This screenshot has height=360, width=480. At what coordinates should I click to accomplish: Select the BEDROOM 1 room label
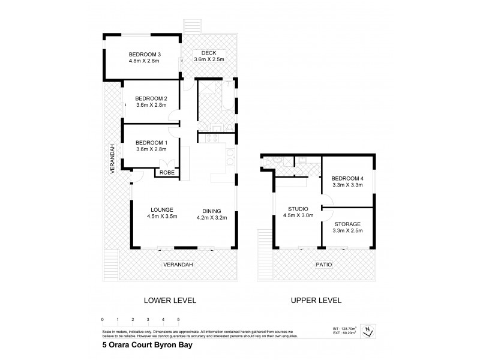point(151,142)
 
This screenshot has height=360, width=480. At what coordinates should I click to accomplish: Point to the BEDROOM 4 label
point(347,178)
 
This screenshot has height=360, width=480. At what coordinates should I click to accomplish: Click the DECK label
point(209,53)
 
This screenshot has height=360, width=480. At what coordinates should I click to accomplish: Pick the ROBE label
point(166,172)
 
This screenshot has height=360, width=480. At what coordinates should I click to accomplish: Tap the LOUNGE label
point(162,210)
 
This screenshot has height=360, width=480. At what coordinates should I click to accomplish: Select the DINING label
point(212,211)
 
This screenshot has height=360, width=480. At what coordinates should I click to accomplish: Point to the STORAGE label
point(347,223)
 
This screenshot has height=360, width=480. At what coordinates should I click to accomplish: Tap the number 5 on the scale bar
point(178,320)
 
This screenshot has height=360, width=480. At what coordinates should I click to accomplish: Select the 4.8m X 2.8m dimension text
point(144,60)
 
